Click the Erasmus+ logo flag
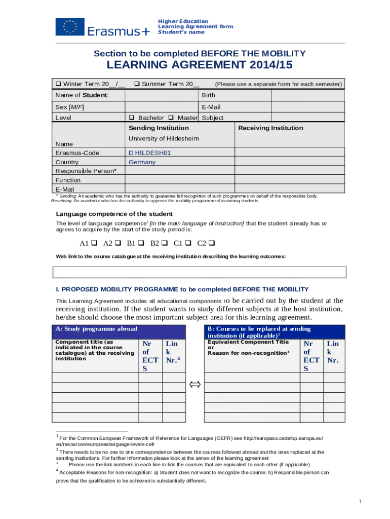[x=70, y=26]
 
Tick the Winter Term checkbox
[x=59, y=84]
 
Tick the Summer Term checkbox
[x=137, y=84]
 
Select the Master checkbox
[x=171, y=118]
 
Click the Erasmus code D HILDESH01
[x=149, y=153]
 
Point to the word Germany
[x=142, y=162]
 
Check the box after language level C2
[x=212, y=243]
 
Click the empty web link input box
[x=200, y=272]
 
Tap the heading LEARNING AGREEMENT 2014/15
[x=199, y=65]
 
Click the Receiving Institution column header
[x=270, y=128]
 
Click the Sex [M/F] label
[x=69, y=107]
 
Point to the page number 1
[x=360, y=502]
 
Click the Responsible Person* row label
[x=86, y=171]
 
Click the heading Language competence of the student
[x=114, y=213]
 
